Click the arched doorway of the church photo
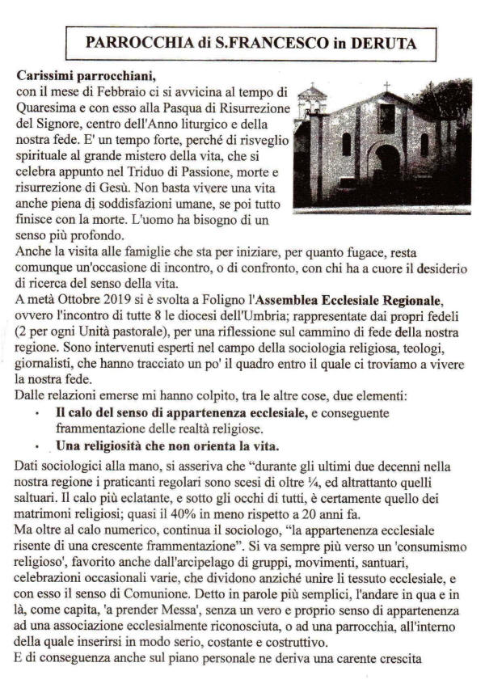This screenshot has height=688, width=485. click(x=387, y=172)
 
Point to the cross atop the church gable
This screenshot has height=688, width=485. click(x=386, y=87)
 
